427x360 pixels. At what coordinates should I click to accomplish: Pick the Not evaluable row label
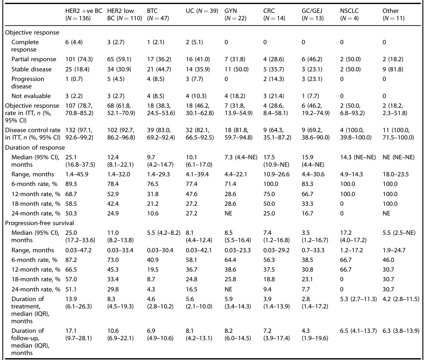(29, 96)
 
